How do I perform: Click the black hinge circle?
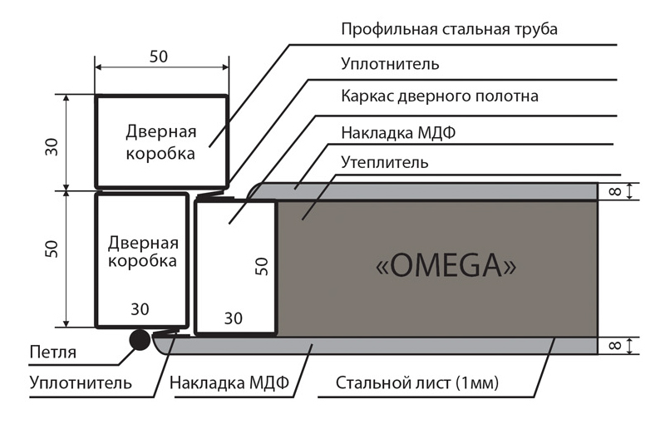pos(140,340)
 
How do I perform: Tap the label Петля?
pos(53,352)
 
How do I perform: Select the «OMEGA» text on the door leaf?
pos(446,266)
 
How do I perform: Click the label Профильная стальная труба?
pos(449,29)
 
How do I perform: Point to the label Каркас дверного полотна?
pos(440,96)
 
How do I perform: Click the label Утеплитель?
pos(385,162)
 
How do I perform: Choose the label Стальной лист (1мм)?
pos(417,383)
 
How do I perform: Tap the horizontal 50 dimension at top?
pos(159,57)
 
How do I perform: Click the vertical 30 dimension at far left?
pos(52,147)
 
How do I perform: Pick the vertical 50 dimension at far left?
pos(52,249)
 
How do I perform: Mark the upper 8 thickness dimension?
pos(615,191)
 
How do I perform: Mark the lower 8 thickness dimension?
pos(615,346)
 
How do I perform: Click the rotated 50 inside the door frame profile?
pos(262,266)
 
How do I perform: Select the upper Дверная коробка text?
pos(161,142)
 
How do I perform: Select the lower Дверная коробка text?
pos(143,251)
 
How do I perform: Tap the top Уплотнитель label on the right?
pos(390,64)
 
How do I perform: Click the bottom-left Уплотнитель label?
pos(81,383)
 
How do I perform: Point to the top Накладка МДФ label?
pos(398,133)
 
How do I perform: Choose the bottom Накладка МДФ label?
pos(229,383)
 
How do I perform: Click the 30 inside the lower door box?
pos(140,309)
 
